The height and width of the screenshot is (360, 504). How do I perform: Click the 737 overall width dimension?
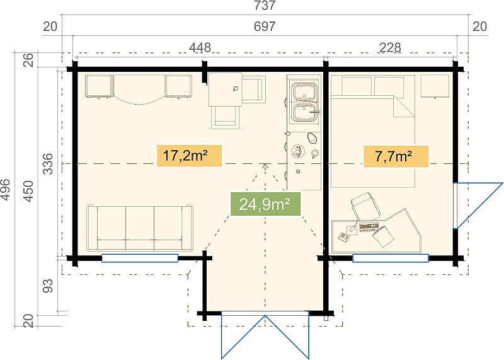265,6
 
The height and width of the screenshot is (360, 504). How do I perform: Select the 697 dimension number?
265,26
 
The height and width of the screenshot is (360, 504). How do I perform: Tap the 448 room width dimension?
200,48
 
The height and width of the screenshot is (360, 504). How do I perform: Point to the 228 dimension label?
390,48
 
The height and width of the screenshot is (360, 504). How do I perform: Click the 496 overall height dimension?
6,190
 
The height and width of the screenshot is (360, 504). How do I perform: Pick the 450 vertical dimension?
28,192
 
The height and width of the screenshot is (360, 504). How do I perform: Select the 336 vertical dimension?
48,164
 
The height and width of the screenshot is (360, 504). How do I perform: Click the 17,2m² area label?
189,156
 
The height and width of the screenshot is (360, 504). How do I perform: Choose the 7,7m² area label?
396,156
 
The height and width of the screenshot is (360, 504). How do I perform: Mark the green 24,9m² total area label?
265,204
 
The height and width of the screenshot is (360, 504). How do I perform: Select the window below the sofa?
140,258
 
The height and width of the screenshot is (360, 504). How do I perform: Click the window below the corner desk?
391,258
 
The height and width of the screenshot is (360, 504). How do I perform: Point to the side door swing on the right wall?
478,206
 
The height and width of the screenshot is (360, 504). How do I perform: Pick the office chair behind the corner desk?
365,206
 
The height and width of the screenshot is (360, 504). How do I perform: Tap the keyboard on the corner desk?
369,227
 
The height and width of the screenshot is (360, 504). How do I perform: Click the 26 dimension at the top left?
28,59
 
